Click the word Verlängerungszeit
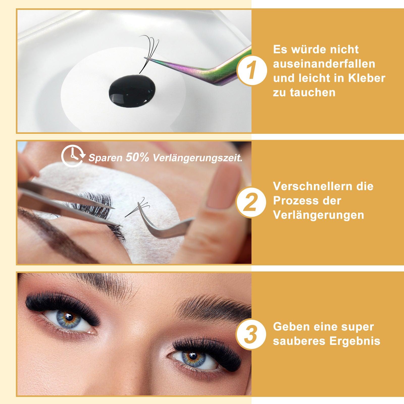coord(198,158)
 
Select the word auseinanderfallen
coord(324,64)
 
